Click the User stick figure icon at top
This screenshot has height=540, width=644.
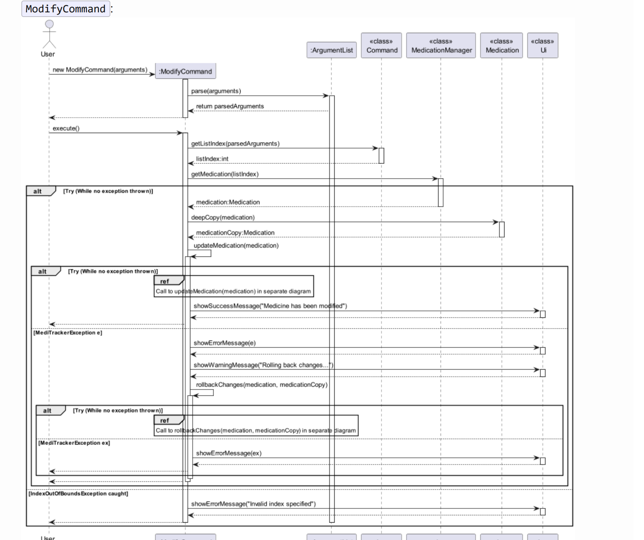[49, 34]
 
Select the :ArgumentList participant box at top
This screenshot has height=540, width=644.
[332, 50]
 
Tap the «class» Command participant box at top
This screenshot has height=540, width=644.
[381, 46]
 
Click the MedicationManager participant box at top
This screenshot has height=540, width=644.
[441, 46]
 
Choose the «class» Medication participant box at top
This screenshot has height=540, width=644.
[502, 46]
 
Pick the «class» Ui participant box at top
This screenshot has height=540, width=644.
[542, 46]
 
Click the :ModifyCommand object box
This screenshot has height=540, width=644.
[185, 71]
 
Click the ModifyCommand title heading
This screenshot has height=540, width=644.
[66, 8]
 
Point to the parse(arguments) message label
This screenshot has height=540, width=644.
[216, 91]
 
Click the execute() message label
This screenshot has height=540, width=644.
[66, 128]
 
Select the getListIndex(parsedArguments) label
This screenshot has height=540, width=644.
[235, 143]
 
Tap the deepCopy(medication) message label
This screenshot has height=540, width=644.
[223, 218]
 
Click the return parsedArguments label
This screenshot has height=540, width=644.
[230, 106]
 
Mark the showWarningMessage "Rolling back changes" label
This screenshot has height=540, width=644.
[263, 365]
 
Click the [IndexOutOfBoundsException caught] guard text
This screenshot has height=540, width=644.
[78, 494]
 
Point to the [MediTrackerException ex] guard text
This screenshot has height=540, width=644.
[74, 443]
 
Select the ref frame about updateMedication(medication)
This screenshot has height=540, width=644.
[234, 286]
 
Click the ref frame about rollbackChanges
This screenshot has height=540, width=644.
[256, 425]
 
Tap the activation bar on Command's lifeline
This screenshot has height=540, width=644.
[381, 155]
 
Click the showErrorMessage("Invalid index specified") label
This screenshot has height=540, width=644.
[253, 504]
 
